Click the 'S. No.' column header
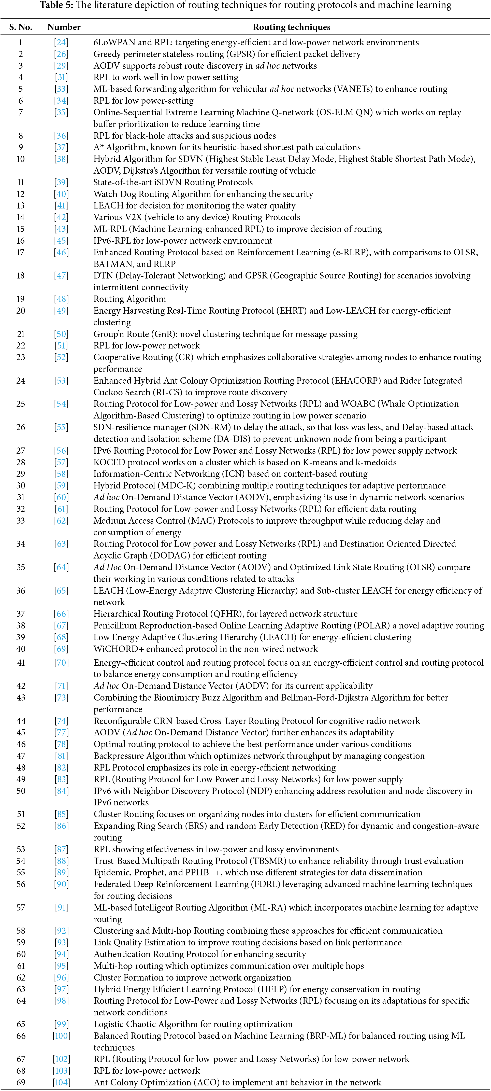click(21, 27)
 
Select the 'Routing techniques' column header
click(291, 27)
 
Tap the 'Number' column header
click(64, 27)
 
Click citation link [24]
click(61, 42)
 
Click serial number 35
click(21, 567)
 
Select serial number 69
click(21, 1082)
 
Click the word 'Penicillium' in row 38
click(115, 625)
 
